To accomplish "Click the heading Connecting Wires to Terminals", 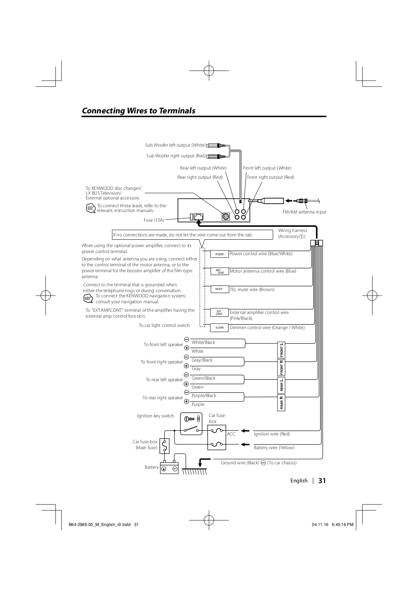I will click(138, 110).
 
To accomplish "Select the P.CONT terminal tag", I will click(220, 254).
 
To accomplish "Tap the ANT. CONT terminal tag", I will click(220, 271).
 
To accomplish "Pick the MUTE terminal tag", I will click(220, 289).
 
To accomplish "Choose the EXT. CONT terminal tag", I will click(220, 312).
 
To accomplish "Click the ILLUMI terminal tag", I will click(220, 328).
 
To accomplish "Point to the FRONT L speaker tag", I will click(282, 350).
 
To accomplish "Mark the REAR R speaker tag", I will click(282, 403).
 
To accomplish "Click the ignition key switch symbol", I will click(191, 423).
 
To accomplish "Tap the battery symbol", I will click(169, 469).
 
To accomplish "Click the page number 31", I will click(322, 481).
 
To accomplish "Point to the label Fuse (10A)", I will click(154, 220).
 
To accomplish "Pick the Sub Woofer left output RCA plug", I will click(214, 146).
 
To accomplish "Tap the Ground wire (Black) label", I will click(240, 463).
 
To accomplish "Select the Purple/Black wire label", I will click(204, 396).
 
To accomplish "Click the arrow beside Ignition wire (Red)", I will click(245, 431).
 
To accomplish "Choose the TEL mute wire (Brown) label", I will click(252, 290).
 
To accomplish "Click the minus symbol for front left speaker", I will click(187, 339).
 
